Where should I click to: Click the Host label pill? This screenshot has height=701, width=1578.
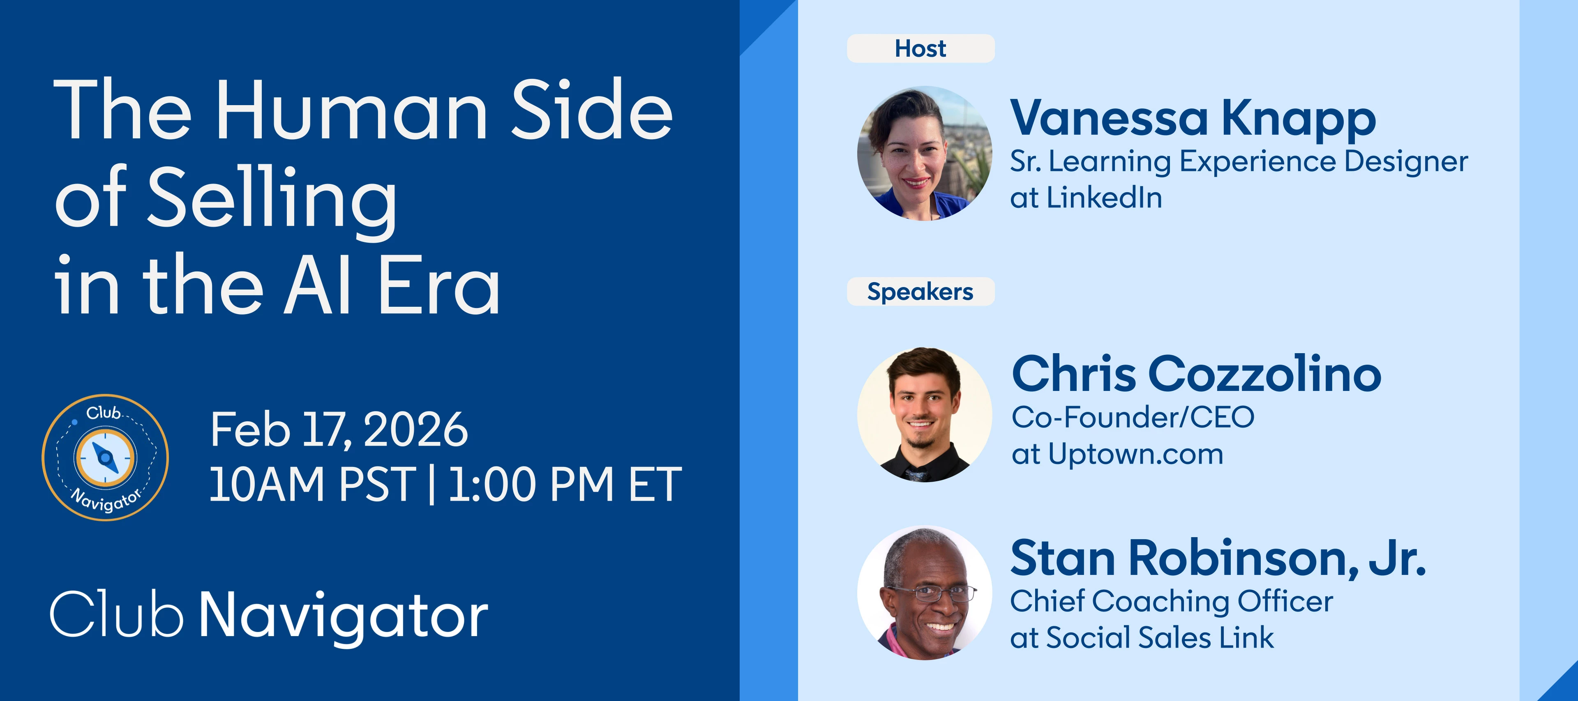tap(920, 48)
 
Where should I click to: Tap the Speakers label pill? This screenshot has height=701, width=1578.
tap(920, 292)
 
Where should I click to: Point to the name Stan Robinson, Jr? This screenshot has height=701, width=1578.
tap(1218, 559)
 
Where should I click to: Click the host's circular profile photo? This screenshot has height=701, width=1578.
tap(924, 153)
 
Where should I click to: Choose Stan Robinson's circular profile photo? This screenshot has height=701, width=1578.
tap(924, 593)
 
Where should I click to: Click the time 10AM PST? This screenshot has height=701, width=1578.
tap(312, 485)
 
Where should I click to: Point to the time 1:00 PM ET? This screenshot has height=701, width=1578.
tap(565, 485)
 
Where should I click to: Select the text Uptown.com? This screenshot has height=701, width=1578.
tap(1136, 454)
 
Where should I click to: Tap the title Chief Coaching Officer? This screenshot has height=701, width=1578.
tap(1171, 602)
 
